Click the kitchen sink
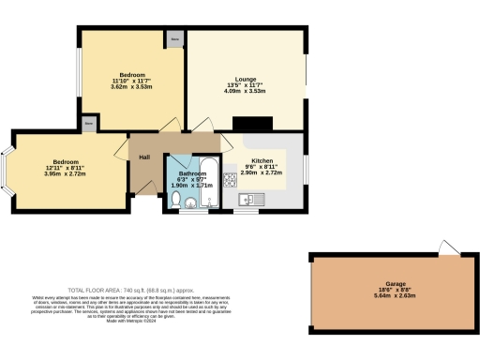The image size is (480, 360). (x=247, y=198)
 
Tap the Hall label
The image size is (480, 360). (x=145, y=157)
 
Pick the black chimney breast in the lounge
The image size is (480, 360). (x=251, y=123)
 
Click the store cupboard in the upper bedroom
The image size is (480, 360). (x=174, y=39)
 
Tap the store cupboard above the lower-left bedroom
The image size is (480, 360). (x=89, y=123)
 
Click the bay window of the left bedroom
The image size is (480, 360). (x=9, y=174)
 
